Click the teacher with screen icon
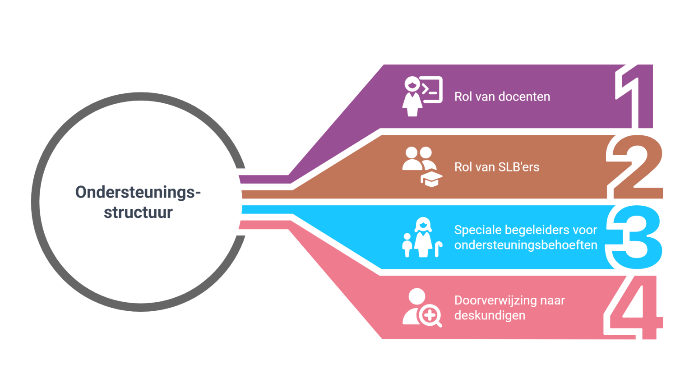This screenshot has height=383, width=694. (421, 96)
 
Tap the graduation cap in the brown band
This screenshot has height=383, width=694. (431, 179)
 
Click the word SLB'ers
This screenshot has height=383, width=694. (518, 167)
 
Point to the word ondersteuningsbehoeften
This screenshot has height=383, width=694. (526, 245)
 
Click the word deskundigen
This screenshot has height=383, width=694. (490, 315)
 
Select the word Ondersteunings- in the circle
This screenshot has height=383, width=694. (138, 193)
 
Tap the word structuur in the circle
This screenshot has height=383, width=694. (138, 212)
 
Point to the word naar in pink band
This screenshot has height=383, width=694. (552, 301)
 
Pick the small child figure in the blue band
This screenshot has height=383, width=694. (407, 245)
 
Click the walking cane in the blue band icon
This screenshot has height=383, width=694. (438, 249)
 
